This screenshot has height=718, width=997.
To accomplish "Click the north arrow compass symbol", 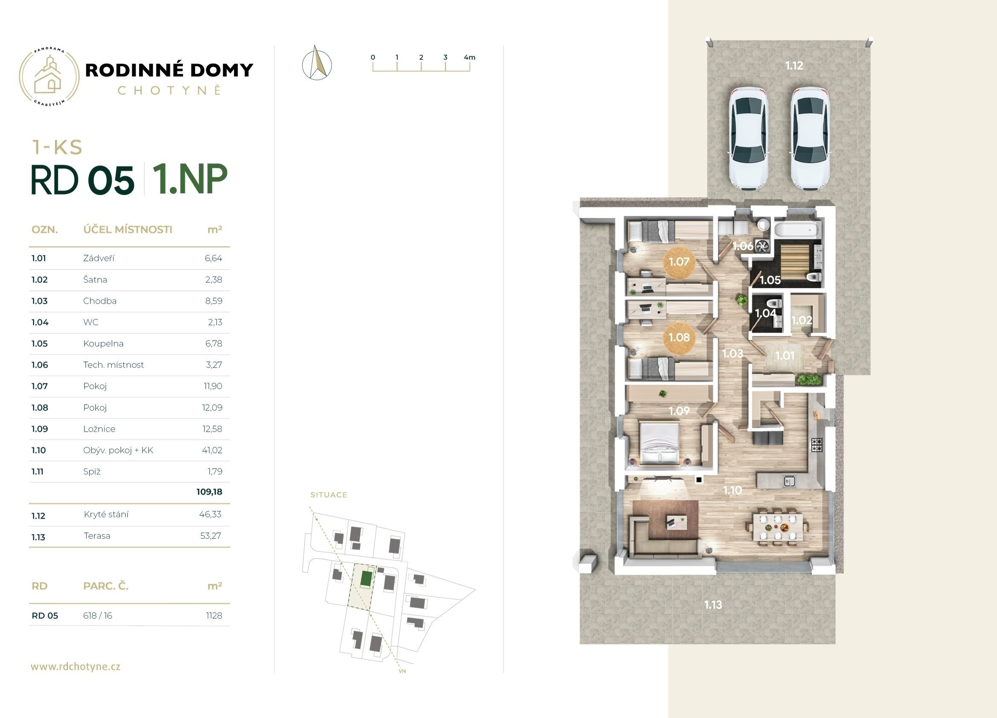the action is (317, 63).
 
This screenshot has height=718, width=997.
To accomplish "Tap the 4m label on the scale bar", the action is (469, 57).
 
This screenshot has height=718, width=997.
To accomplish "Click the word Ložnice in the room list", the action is (99, 429).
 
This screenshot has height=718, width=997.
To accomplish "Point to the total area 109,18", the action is (209, 492).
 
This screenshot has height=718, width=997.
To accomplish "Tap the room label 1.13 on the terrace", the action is (713, 605).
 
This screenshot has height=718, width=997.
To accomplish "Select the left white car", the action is (748, 139).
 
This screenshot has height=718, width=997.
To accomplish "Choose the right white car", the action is (810, 139).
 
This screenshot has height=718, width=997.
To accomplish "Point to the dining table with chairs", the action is (777, 526).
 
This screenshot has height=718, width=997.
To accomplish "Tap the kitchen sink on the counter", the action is (789, 481).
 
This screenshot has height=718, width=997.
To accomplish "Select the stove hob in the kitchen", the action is (816, 445).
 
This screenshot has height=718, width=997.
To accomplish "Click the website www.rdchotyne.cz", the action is (75, 666).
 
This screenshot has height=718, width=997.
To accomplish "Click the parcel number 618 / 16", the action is (98, 616).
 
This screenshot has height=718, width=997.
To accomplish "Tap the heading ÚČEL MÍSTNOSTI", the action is (128, 230).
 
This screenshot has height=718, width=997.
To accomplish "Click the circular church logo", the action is (49, 76).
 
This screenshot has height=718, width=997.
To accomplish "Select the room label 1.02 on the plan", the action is (802, 320).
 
